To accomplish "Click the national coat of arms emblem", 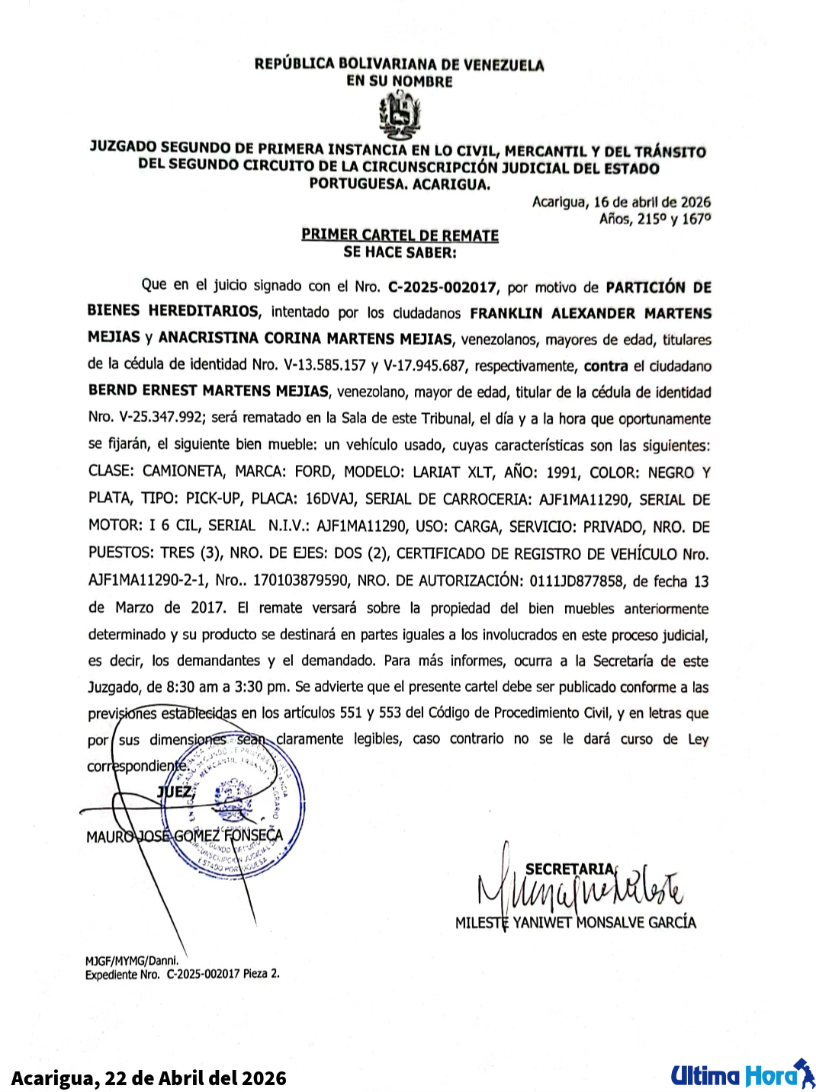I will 400,115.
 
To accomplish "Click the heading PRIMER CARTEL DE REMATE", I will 400,235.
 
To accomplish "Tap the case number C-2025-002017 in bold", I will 442,287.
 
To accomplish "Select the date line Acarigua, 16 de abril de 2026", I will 621,202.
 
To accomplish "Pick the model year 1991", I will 562,472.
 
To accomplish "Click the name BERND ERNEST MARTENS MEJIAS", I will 208,391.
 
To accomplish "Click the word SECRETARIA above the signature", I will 569,869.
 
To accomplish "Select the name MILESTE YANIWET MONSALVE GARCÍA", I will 575,922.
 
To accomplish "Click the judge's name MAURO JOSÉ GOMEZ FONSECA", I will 185,836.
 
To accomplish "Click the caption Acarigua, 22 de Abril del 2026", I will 149,1078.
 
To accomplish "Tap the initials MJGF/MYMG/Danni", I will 131,961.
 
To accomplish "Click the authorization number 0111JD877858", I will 576,581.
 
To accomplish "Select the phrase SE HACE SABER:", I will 400,252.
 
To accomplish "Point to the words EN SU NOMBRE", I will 400,82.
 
